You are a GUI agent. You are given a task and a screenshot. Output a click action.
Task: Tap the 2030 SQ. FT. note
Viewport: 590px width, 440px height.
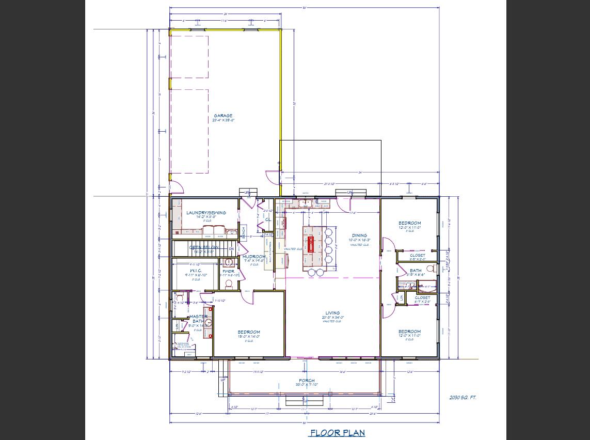(x=463, y=397)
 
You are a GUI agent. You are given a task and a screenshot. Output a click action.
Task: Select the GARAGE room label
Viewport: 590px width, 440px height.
(x=223, y=116)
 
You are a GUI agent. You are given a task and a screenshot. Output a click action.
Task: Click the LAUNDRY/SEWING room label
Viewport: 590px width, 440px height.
(x=206, y=213)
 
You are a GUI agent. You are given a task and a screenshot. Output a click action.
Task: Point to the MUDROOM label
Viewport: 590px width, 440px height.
(x=254, y=257)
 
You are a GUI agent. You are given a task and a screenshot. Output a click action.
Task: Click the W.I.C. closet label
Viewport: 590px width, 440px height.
(x=196, y=271)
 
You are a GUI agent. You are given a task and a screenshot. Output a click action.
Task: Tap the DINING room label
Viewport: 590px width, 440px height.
(x=359, y=235)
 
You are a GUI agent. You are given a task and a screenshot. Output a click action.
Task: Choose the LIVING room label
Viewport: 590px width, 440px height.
(x=332, y=313)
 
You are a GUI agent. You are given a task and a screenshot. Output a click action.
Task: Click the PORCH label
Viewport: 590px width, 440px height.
(x=307, y=381)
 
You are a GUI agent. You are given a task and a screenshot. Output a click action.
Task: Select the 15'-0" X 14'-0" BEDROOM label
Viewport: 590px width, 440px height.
(x=249, y=332)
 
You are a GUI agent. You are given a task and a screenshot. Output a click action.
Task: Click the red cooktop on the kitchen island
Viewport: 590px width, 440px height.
(x=311, y=244)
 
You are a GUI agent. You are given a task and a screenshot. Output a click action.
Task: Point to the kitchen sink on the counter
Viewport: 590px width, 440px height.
(x=304, y=203)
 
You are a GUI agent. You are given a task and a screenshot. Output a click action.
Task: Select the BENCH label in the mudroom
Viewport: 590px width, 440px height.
(x=243, y=232)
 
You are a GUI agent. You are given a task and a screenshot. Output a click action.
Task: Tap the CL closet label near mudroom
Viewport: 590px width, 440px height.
(x=268, y=219)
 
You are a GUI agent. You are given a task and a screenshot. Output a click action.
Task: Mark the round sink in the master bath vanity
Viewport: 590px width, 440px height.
(x=209, y=324)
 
